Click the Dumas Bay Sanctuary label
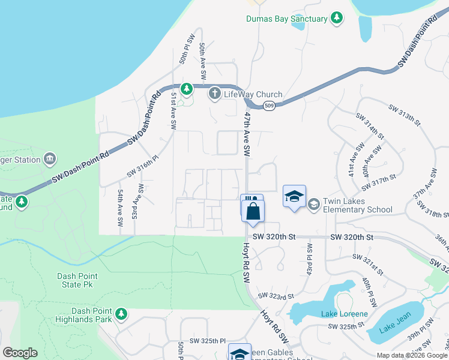(287, 19)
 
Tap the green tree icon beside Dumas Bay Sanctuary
(337, 19)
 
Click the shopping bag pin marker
(253, 211)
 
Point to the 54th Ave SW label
(121, 208)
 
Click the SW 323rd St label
(276, 296)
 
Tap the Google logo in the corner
(20, 353)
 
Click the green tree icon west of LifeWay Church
(187, 89)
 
